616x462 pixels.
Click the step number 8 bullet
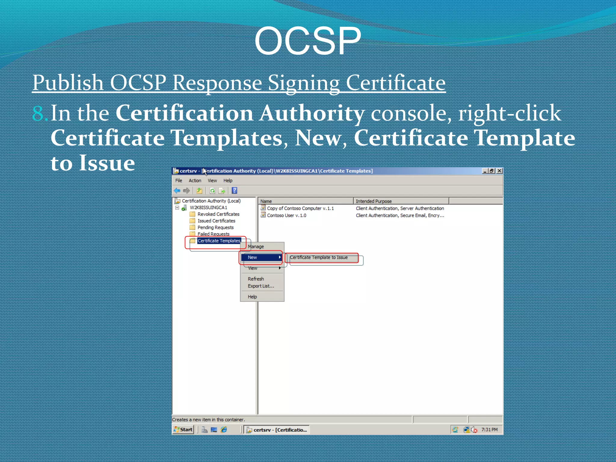coord(39,114)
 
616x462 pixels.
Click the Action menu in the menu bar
coord(195,180)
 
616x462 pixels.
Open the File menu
coord(179,180)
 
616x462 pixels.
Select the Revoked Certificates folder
coord(218,214)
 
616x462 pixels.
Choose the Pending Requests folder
coord(215,227)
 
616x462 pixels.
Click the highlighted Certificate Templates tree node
coord(219,241)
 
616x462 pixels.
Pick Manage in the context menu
coord(256,247)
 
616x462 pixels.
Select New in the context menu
coord(253,257)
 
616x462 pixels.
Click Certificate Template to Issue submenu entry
coord(319,257)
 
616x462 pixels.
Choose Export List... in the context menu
coord(261,286)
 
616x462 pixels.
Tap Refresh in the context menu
coord(256,279)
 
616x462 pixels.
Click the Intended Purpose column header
coord(374,201)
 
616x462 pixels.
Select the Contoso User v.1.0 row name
coord(286,215)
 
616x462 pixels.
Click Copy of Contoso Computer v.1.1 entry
coord(300,208)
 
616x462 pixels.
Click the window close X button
coord(499,171)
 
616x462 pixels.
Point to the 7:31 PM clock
coord(489,430)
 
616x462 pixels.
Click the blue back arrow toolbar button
coord(177,190)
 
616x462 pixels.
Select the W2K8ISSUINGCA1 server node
coord(208,208)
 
